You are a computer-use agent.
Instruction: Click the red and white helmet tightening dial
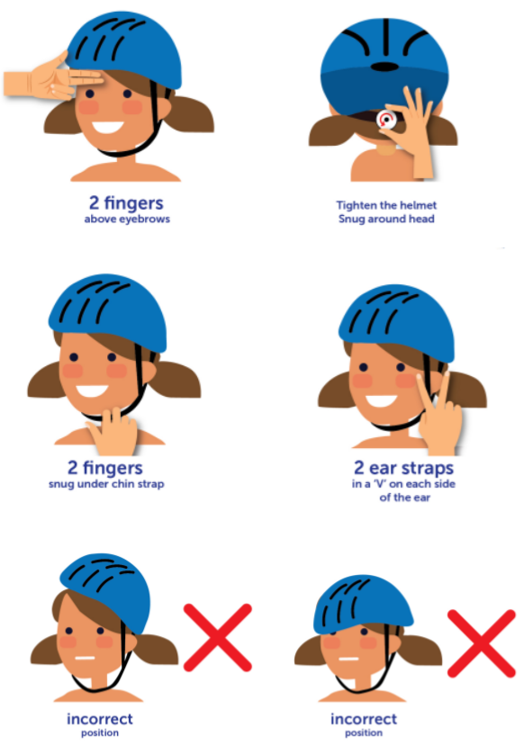pyautogui.click(x=385, y=120)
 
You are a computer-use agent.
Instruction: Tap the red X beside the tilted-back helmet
pyautogui.click(x=218, y=637)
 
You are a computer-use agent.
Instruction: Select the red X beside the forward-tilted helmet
pyautogui.click(x=481, y=643)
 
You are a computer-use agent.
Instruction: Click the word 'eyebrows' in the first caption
pyautogui.click(x=145, y=220)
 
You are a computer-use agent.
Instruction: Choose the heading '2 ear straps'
pyautogui.click(x=403, y=468)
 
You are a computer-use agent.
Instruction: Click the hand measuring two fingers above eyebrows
pyautogui.click(x=52, y=78)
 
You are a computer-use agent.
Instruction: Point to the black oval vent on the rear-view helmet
pyautogui.click(x=384, y=67)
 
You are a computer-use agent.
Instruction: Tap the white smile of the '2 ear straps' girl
pyautogui.click(x=381, y=400)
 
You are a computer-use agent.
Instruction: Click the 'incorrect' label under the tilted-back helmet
pyautogui.click(x=100, y=719)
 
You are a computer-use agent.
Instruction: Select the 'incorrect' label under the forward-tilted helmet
pyautogui.click(x=364, y=719)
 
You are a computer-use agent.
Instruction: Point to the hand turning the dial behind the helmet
pyautogui.click(x=412, y=130)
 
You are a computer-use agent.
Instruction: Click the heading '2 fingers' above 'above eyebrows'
pyautogui.click(x=126, y=203)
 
